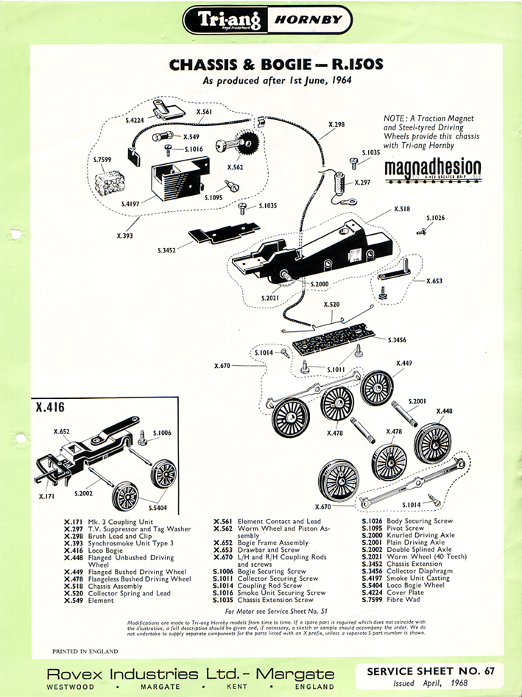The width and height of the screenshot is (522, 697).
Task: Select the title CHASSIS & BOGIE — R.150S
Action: pyautogui.click(x=276, y=65)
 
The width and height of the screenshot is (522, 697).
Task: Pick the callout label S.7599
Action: pyautogui.click(x=102, y=160)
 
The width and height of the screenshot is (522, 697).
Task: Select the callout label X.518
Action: pyautogui.click(x=401, y=209)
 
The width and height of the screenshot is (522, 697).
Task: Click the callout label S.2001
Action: pyautogui.click(x=417, y=401)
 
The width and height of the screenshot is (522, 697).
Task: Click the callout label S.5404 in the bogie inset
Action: pyautogui.click(x=158, y=507)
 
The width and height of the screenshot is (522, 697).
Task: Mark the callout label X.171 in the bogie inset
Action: pyautogui.click(x=46, y=497)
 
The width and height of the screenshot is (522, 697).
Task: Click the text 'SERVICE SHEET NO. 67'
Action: pyautogui.click(x=426, y=672)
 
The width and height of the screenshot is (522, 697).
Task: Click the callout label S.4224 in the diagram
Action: pyautogui.click(x=134, y=119)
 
